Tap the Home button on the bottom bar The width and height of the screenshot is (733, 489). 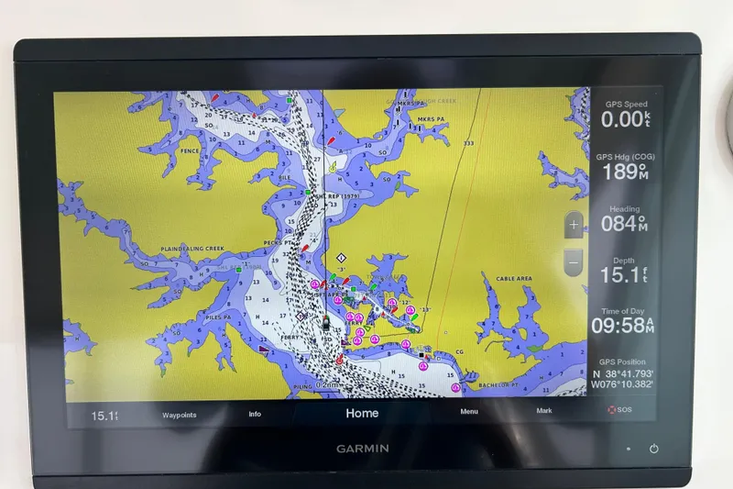361,414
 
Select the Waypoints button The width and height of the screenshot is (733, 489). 180,414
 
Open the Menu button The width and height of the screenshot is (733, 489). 469,412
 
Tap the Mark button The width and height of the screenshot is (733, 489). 544,411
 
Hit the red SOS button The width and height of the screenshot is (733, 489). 619,410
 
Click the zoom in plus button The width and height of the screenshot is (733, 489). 574,224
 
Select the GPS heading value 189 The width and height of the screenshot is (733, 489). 619,172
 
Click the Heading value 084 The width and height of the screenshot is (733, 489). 620,223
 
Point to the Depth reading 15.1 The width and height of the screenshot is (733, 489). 619,275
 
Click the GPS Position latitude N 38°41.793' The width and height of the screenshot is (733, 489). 623,373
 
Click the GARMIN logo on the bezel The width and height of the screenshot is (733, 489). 361,449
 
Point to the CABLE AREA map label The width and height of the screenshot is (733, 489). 513,279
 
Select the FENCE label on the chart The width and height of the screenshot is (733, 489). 190,151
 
